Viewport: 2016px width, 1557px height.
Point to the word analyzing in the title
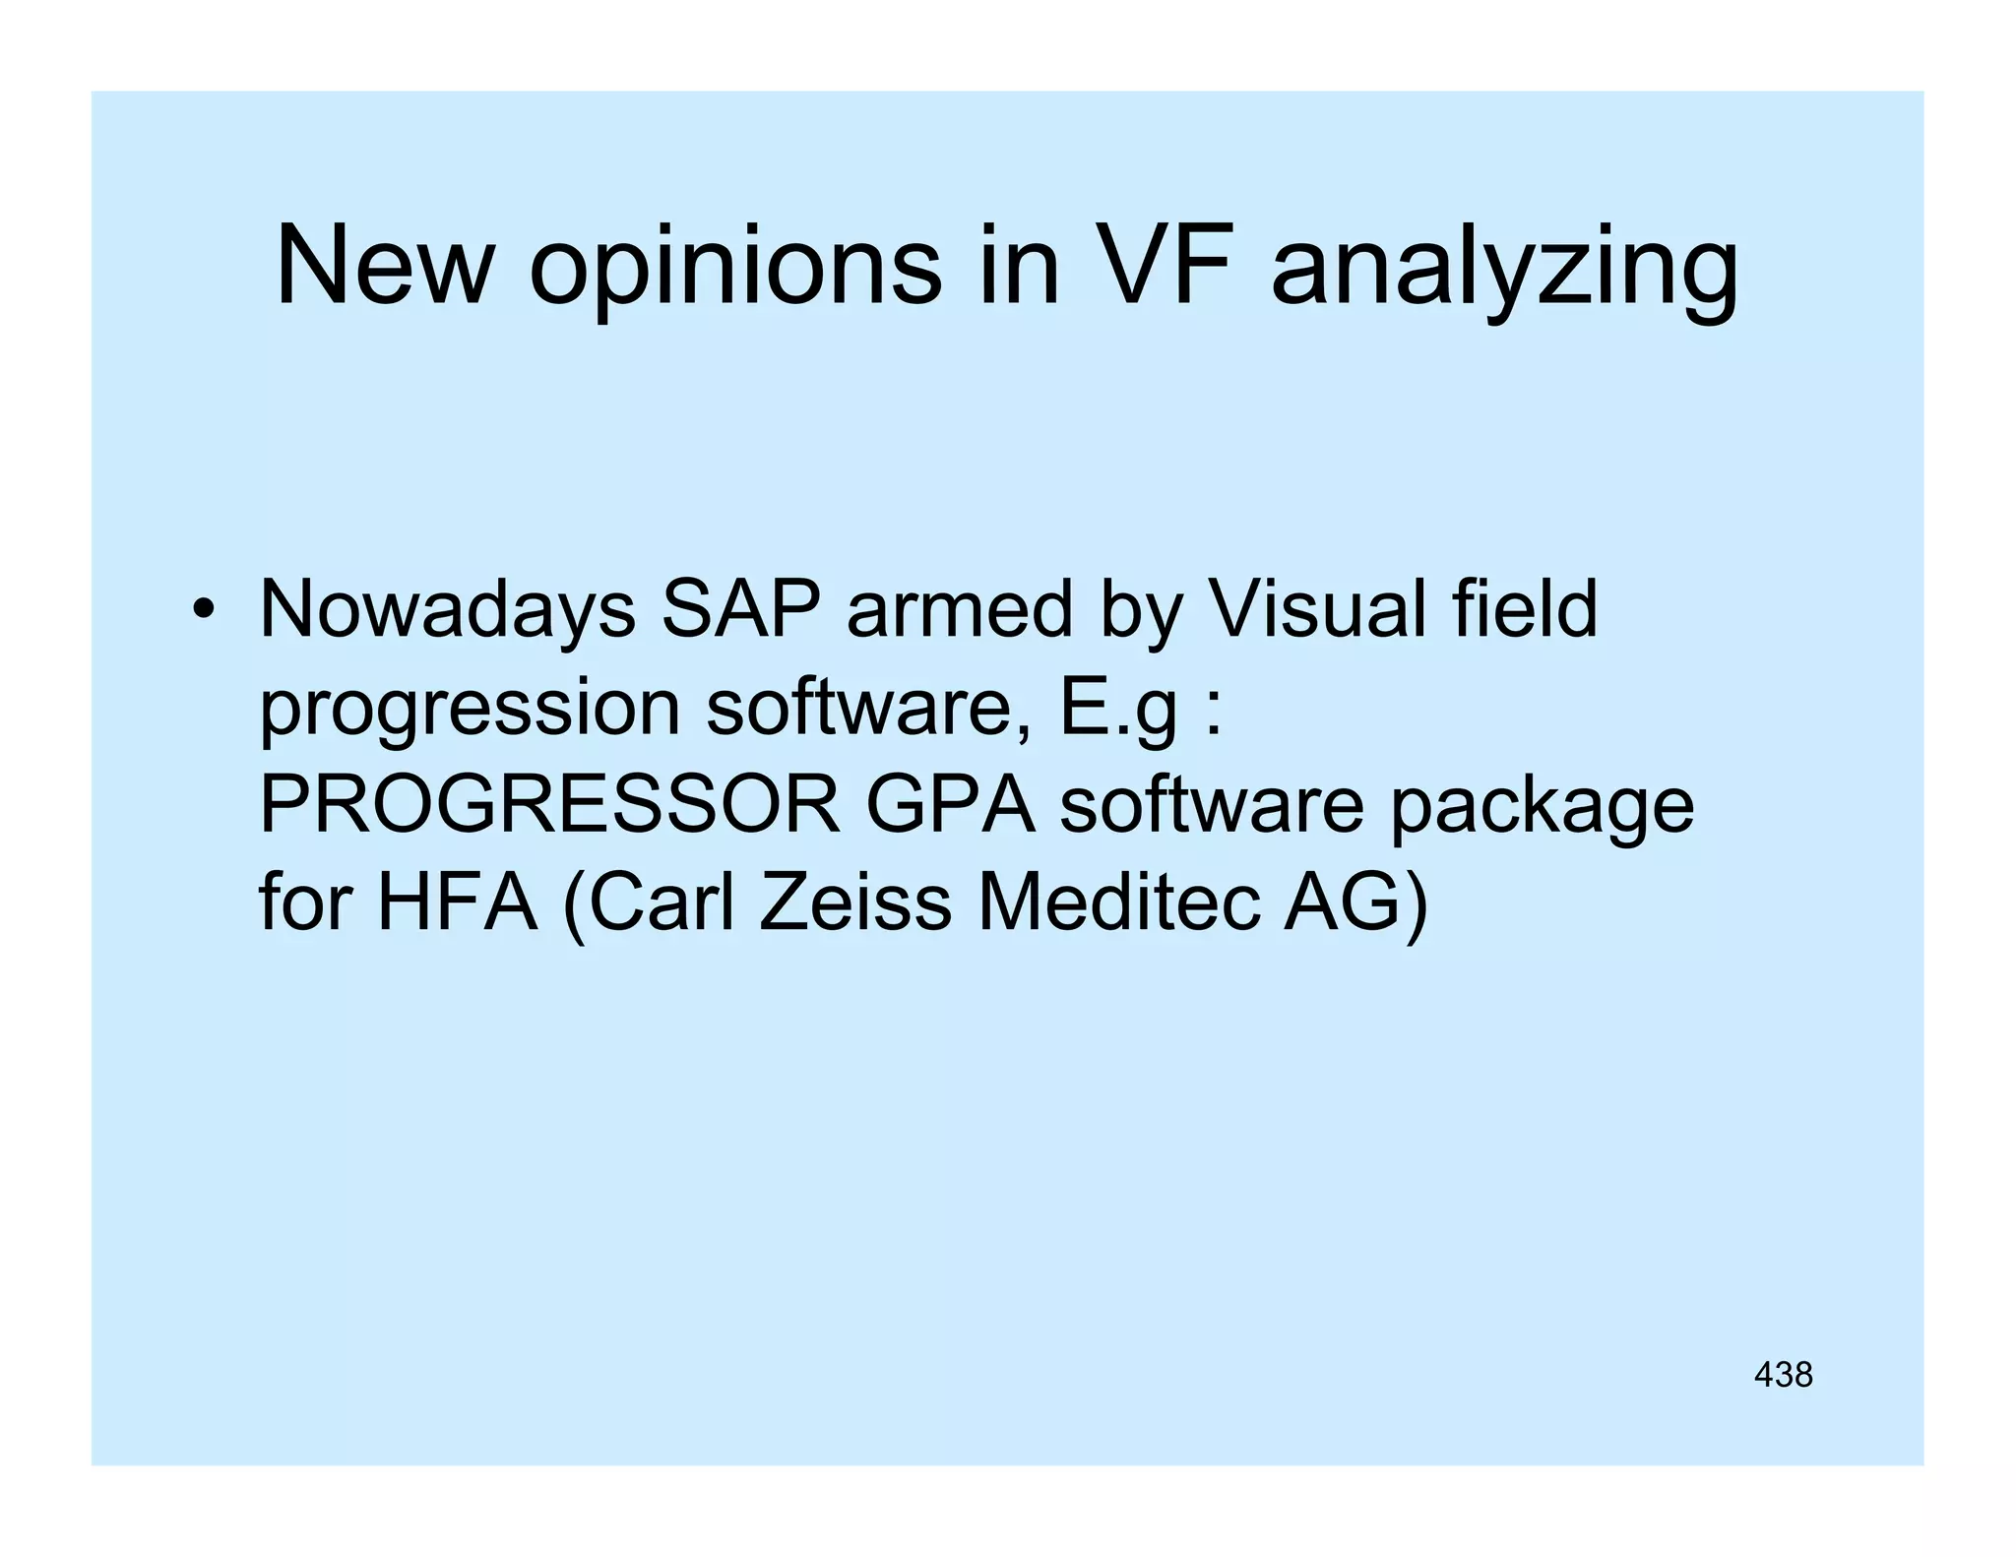pyautogui.click(x=1504, y=271)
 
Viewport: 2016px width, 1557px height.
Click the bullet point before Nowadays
pyautogui.click(x=204, y=610)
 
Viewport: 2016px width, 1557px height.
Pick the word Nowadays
pyautogui.click(x=447, y=610)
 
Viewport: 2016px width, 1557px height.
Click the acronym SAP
pyautogui.click(x=740, y=610)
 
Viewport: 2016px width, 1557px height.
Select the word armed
pyautogui.click(x=959, y=610)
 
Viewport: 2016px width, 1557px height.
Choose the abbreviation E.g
pyautogui.click(x=1117, y=709)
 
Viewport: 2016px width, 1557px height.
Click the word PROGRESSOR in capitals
pyautogui.click(x=549, y=805)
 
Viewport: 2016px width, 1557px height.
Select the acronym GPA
pyautogui.click(x=950, y=805)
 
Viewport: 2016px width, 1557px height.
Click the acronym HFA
pyautogui.click(x=457, y=903)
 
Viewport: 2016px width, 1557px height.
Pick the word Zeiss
pyautogui.click(x=854, y=903)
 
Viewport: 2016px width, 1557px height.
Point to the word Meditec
pyautogui.click(x=1118, y=903)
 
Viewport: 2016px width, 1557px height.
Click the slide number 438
pyautogui.click(x=1783, y=1375)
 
